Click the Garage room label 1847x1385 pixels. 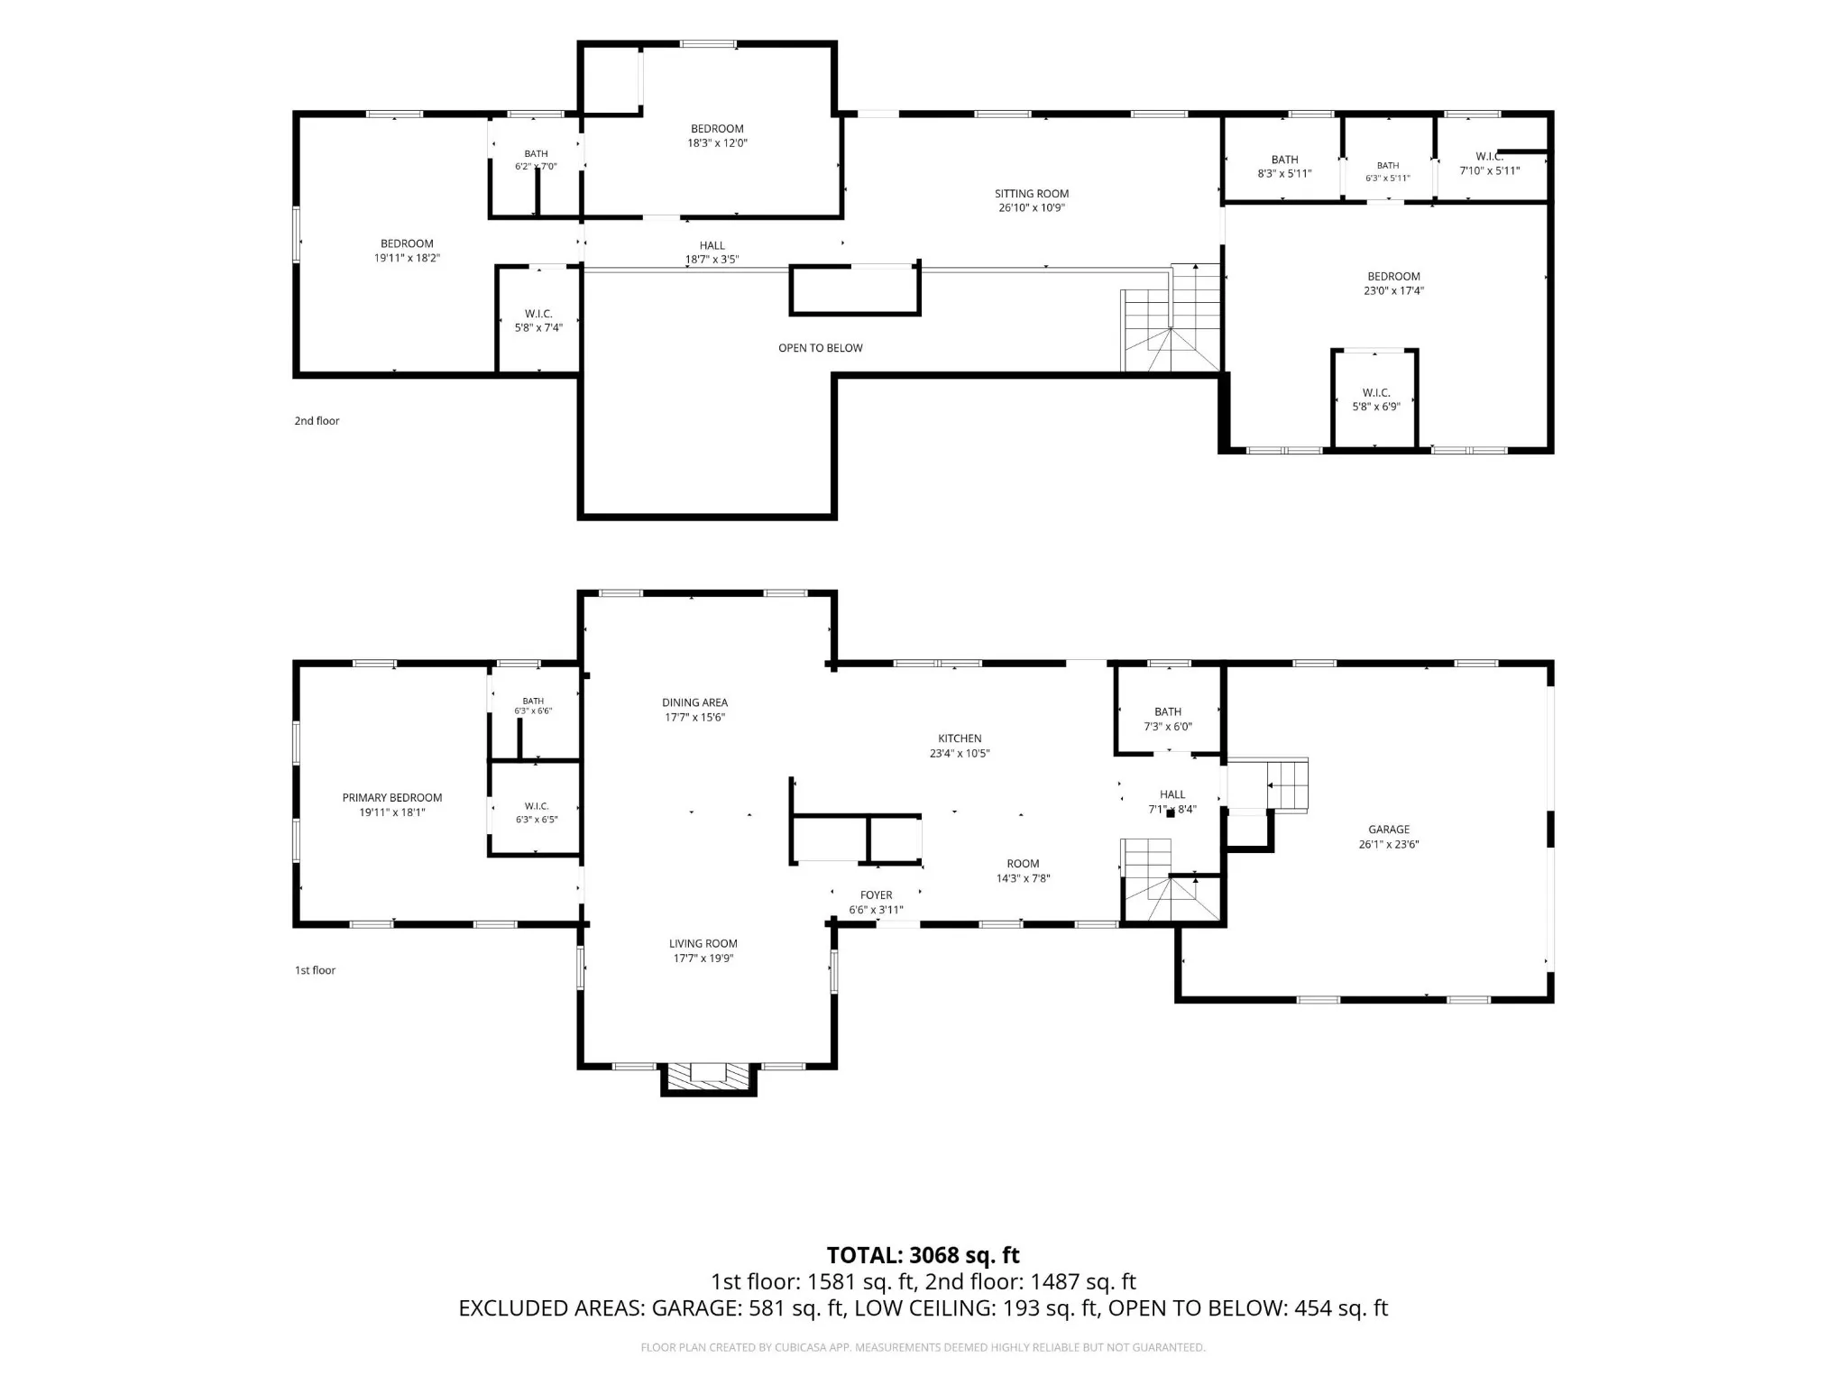pyautogui.click(x=1389, y=829)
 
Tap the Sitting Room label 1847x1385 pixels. pyautogui.click(x=1032, y=193)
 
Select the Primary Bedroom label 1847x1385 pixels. pyautogui.click(x=392, y=797)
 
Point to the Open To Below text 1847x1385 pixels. pyautogui.click(x=821, y=348)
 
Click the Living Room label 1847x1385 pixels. pyautogui.click(x=703, y=943)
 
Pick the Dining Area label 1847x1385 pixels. pyautogui.click(x=694, y=702)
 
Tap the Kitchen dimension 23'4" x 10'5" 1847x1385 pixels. pyautogui.click(x=960, y=753)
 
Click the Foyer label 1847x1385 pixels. pyautogui.click(x=877, y=895)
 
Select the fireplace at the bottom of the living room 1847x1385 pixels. pyautogui.click(x=708, y=1079)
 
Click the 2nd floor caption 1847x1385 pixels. pyautogui.click(x=317, y=421)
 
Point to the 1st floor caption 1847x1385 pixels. pyautogui.click(x=315, y=970)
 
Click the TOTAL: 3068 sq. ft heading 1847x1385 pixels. pyautogui.click(x=923, y=1255)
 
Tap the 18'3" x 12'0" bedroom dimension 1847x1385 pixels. pyautogui.click(x=718, y=142)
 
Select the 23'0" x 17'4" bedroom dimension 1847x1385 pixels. pyautogui.click(x=1394, y=290)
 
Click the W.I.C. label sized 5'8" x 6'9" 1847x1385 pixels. pyautogui.click(x=1376, y=392)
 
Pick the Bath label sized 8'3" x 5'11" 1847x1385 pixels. pyautogui.click(x=1285, y=160)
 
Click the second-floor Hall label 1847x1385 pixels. pyautogui.click(x=712, y=245)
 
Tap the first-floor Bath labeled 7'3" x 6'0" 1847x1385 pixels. pyautogui.click(x=1168, y=711)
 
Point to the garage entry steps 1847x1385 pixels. pyautogui.click(x=1287, y=785)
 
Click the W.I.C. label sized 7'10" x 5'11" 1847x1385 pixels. pyautogui.click(x=1489, y=157)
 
